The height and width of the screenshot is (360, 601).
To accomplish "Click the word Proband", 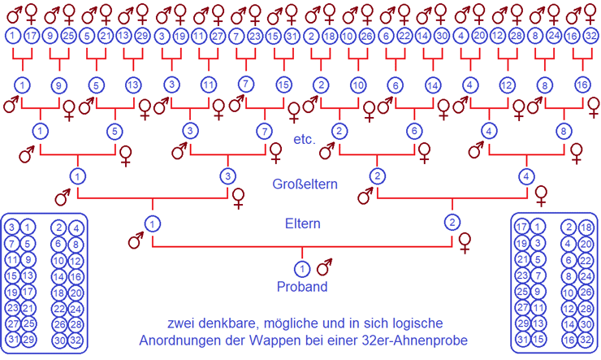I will [300, 286].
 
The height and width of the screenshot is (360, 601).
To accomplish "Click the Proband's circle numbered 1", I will [301, 268].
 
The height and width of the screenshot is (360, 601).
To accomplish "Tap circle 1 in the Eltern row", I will [151, 222].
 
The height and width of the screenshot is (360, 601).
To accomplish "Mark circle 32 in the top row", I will [591, 36].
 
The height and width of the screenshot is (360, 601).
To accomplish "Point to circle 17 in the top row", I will [31, 36].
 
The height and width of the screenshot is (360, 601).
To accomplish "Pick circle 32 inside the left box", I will [74, 339].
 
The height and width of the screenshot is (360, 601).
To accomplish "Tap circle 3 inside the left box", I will [12, 228].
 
